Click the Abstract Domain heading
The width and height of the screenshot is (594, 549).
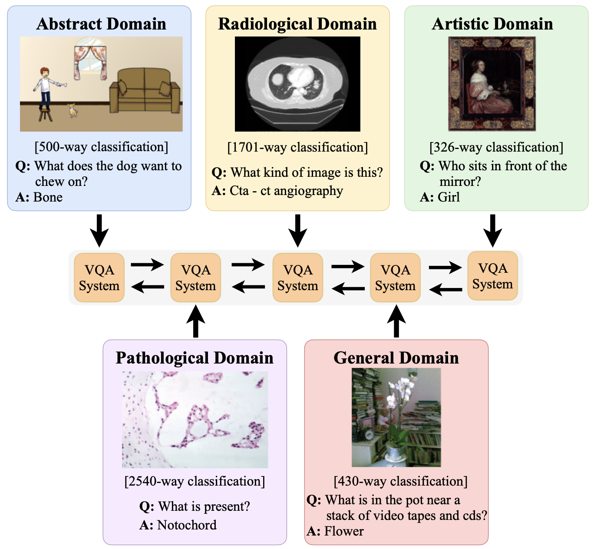101,24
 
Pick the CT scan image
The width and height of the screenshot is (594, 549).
297,84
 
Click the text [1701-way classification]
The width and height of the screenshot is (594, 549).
297,147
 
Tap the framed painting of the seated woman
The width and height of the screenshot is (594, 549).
492,84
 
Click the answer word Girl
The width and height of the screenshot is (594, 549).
449,197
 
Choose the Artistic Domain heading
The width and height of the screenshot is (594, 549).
492,24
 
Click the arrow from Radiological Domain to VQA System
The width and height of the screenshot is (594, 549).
297,230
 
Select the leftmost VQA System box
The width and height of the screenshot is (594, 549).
99,278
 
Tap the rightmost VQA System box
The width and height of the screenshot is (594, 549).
492,276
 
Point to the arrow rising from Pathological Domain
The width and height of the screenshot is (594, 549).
195,321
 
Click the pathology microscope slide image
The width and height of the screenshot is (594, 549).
195,419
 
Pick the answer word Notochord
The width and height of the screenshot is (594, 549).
187,525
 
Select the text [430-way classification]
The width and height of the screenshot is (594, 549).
400,481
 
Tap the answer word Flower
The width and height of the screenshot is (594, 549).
344,531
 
